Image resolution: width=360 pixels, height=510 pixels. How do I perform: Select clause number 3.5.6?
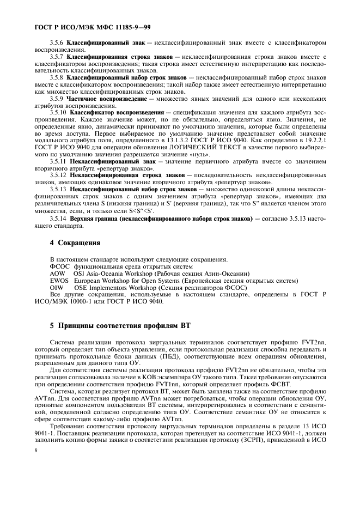(57, 42)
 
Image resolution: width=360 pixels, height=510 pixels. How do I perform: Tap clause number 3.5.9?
(57, 99)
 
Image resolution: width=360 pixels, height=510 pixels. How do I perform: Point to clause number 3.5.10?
(58, 112)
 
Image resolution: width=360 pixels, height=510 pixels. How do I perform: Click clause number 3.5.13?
(58, 189)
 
